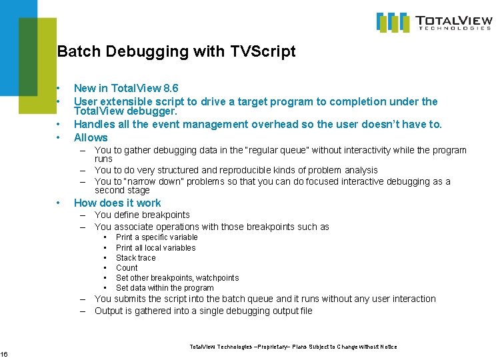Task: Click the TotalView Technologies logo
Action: (x=434, y=22)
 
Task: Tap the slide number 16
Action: (x=5, y=354)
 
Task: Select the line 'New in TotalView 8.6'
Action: (x=126, y=88)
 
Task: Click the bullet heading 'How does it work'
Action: (x=117, y=203)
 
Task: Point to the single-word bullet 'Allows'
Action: (x=91, y=137)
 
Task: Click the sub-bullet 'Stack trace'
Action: (x=136, y=258)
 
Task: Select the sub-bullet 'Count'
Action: (x=127, y=268)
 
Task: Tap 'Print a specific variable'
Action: (x=157, y=237)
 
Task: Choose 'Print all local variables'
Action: (x=156, y=248)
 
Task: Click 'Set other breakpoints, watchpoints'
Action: (x=177, y=278)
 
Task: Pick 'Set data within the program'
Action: (x=165, y=288)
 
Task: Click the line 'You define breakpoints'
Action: (x=142, y=215)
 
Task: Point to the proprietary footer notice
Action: (x=293, y=347)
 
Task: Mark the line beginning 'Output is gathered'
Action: (x=203, y=311)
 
